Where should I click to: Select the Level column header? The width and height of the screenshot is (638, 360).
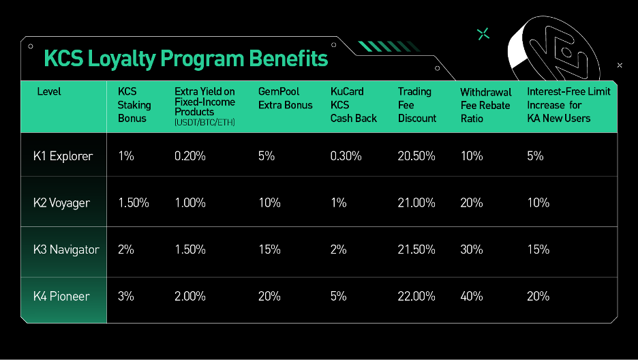tap(49, 91)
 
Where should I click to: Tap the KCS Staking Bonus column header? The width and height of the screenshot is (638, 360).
tap(134, 105)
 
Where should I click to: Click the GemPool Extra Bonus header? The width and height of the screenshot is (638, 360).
tap(285, 98)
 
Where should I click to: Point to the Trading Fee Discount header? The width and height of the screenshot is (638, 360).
tap(416, 105)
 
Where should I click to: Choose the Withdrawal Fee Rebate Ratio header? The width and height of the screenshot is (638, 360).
tap(486, 106)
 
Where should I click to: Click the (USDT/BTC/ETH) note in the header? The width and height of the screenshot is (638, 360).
tap(204, 123)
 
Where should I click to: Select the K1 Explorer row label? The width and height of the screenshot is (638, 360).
tap(63, 156)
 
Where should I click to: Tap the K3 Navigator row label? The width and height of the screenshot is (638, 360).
tap(66, 250)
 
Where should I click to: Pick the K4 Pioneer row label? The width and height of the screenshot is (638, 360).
tap(61, 296)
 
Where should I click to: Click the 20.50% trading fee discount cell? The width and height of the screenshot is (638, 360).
tap(416, 156)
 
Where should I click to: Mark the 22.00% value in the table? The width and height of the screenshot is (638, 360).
tap(416, 296)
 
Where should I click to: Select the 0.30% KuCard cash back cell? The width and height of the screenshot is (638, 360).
tap(346, 156)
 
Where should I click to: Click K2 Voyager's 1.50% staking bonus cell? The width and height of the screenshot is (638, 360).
tap(134, 203)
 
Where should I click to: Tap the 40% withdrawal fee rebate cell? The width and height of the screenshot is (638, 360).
tap(472, 296)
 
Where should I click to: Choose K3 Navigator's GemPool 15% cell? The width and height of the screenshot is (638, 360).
tap(269, 250)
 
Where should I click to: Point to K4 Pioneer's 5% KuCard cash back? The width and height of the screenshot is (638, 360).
tap(339, 296)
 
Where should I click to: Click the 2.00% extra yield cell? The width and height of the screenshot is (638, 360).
tap(190, 296)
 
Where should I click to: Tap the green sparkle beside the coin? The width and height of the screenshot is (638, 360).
tap(483, 34)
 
